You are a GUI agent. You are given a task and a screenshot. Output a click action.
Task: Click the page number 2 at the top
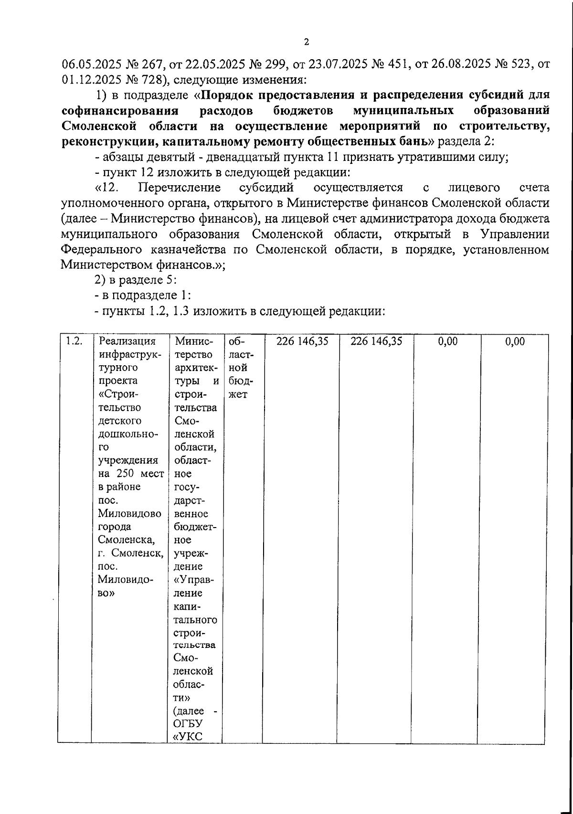tap(307, 42)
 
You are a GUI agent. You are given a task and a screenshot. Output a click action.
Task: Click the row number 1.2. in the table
tap(74, 341)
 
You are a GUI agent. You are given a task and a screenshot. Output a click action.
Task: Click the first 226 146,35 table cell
tap(302, 341)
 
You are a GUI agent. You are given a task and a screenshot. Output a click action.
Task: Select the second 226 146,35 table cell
tap(376, 341)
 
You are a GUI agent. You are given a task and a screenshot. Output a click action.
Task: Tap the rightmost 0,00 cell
tap(515, 341)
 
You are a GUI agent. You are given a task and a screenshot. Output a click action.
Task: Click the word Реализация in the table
tap(127, 341)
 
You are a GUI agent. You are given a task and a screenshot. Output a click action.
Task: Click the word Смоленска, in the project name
tap(126, 540)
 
